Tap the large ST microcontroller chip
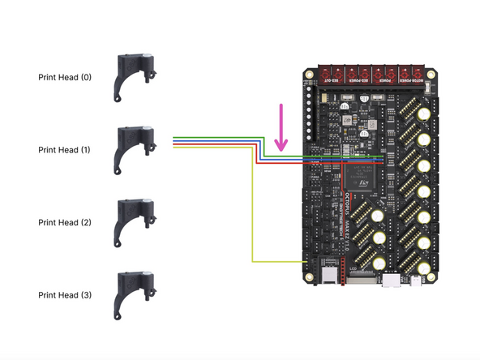pyautogui.click(x=359, y=178)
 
